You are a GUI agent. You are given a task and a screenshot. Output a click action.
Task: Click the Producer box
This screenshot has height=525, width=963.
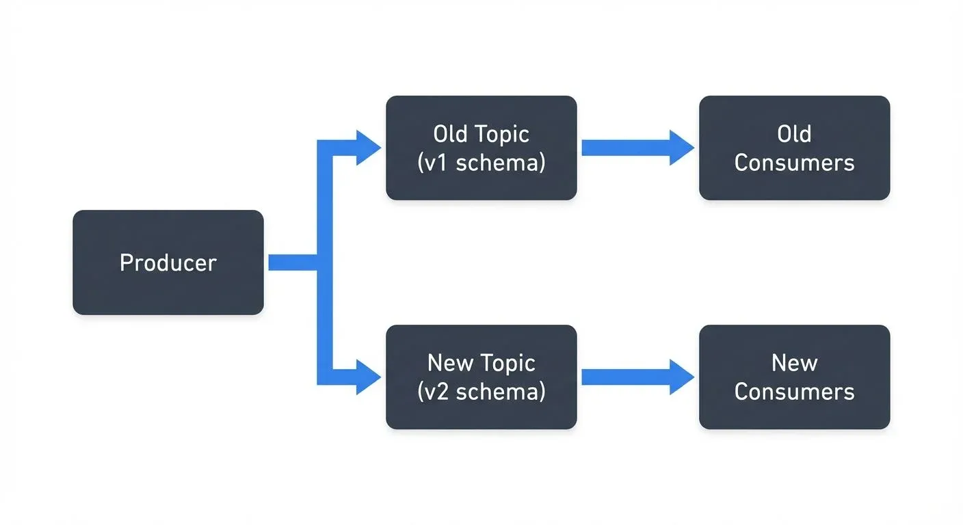coord(168,262)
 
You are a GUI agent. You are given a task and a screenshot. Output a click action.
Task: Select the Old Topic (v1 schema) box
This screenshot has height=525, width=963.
coord(481,148)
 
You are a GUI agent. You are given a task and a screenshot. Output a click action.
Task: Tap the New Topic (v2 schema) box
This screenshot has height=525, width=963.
coord(481,377)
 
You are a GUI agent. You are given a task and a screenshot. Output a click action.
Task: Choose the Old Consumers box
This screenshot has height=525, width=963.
coord(794,148)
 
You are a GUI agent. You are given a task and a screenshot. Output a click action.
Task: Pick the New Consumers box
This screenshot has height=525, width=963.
coord(794,377)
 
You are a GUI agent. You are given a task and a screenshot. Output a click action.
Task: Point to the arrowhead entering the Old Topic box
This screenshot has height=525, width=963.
coord(368,148)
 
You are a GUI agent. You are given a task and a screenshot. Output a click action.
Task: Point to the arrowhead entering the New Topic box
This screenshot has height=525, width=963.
coord(368,377)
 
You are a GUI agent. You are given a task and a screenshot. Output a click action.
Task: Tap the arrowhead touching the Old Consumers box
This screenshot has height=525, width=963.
coord(682,148)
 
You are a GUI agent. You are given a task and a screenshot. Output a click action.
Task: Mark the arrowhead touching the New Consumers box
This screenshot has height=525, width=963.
coord(682,377)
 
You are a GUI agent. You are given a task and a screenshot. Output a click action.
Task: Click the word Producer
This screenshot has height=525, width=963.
coord(168,263)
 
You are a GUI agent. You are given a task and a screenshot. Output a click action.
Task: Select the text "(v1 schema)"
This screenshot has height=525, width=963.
coord(481,163)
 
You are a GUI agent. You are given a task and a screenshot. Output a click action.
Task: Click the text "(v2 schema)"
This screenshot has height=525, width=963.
coord(481,392)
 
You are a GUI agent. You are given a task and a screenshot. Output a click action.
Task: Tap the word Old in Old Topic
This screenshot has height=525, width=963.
coord(451,134)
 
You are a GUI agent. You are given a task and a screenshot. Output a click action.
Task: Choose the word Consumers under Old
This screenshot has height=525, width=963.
coord(794,163)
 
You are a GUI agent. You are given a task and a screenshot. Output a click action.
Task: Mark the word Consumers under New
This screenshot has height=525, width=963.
coord(794,392)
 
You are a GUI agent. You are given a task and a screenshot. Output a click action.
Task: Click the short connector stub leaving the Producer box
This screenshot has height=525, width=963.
coord(291,262)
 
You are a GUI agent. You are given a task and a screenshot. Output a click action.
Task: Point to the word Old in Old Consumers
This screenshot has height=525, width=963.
coord(794,134)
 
